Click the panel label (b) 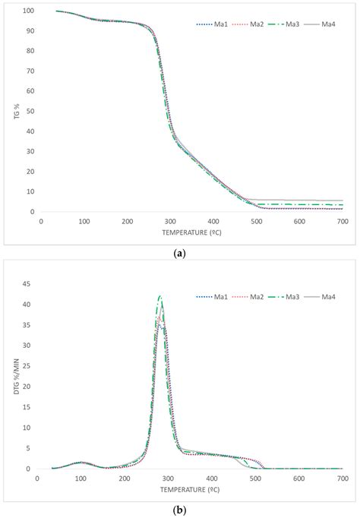pyautogui.click(x=180, y=510)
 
